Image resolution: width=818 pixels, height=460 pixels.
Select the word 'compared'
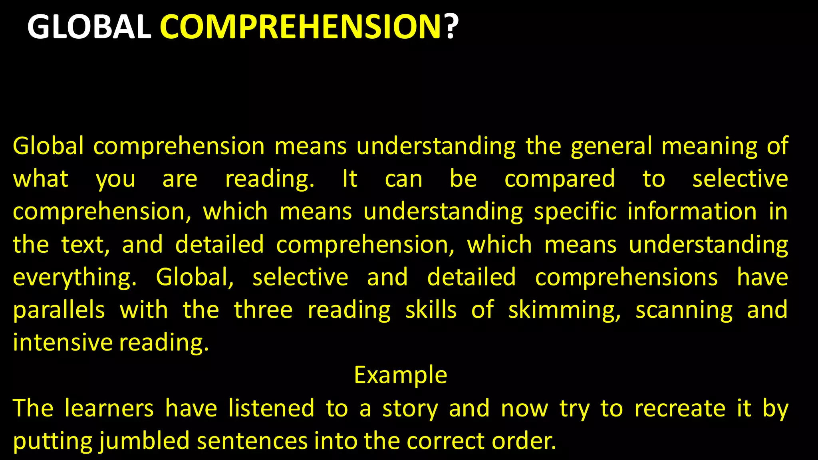click(560, 179)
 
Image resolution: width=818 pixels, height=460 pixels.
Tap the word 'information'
click(692, 211)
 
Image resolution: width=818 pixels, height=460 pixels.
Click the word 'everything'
click(75, 278)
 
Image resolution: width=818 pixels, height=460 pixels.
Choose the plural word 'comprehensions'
click(626, 278)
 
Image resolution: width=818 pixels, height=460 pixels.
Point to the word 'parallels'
click(59, 310)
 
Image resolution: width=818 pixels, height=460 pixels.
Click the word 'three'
click(263, 310)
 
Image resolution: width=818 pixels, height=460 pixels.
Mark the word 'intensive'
click(63, 343)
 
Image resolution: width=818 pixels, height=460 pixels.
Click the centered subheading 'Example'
click(401, 375)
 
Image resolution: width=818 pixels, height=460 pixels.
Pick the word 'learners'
click(109, 408)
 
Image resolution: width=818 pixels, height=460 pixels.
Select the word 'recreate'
click(680, 408)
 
